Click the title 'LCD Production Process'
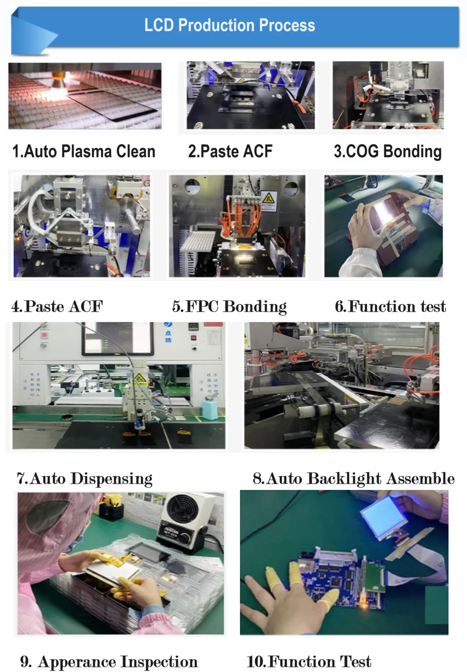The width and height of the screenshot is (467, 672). (x=230, y=25)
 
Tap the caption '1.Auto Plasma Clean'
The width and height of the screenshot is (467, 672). (x=84, y=152)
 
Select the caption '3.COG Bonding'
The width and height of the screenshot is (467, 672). (x=388, y=152)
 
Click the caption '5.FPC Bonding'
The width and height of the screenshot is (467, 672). (x=229, y=307)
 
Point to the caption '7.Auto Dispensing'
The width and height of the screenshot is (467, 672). (x=85, y=478)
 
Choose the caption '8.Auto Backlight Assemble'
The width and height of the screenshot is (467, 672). (x=353, y=478)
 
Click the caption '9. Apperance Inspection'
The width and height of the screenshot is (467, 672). (x=109, y=661)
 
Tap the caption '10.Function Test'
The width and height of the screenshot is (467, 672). (x=309, y=661)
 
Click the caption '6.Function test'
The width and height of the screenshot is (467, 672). (x=390, y=307)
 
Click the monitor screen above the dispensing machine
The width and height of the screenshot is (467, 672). (x=118, y=338)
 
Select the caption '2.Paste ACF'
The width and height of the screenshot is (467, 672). (x=230, y=152)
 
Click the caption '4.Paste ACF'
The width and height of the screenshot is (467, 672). (x=57, y=307)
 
